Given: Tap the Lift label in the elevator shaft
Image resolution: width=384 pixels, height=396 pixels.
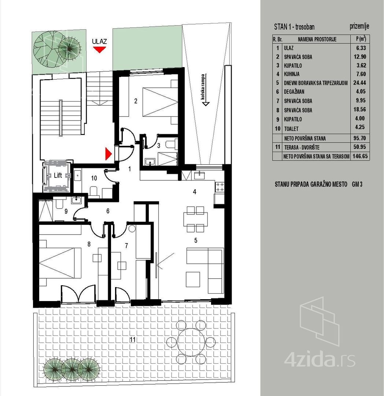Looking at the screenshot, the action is point(58,176).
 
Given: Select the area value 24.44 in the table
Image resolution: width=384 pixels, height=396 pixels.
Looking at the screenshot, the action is point(360,82).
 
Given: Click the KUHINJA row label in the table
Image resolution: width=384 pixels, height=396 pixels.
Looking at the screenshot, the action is point(292,74).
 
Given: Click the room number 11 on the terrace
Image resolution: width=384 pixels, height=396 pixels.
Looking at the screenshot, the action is point(133,340).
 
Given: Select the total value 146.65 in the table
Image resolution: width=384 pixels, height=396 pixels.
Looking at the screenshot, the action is point(360,156).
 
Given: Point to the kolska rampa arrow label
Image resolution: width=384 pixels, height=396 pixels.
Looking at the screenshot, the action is point(203,90).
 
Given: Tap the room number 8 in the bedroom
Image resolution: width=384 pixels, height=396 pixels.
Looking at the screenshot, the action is point(89,244).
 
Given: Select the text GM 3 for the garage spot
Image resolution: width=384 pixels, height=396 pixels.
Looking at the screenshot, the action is point(357,184).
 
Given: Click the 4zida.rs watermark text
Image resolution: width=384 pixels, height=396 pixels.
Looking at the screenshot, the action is point(320,360).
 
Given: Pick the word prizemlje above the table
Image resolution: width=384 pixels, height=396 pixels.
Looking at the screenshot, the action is point(359,26).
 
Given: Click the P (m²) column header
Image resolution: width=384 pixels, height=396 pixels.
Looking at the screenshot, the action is point(361,39).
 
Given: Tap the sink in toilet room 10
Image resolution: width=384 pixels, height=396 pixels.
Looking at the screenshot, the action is point(77,175).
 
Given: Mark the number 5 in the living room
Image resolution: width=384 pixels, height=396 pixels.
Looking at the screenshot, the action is point(196,240).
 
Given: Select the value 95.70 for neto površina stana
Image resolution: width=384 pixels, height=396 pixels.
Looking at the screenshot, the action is point(360,138).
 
